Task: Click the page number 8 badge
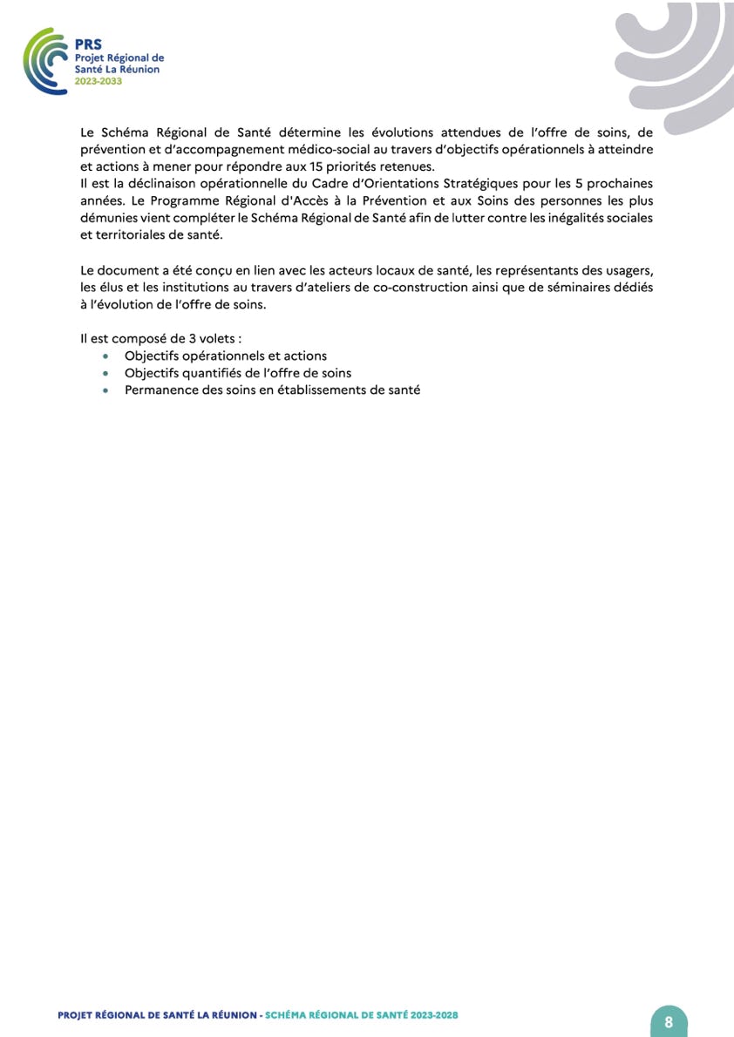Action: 669,1021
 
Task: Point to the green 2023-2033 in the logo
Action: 99,80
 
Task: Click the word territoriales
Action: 130,234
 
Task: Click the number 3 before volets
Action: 193,339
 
